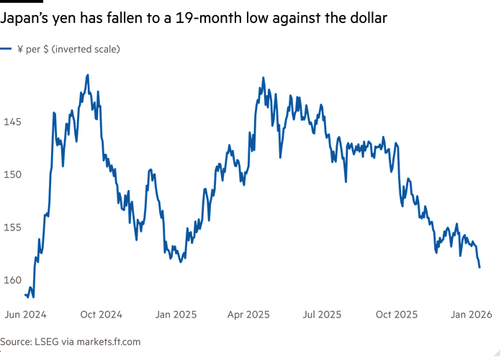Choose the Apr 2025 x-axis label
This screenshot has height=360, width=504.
tap(248, 314)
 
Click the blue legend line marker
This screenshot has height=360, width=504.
tap(6, 50)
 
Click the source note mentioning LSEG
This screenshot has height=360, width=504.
tap(71, 341)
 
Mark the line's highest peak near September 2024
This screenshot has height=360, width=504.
tap(87, 75)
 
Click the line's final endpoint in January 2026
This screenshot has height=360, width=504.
tap(480, 267)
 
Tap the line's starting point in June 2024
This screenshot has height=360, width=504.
tap(26, 294)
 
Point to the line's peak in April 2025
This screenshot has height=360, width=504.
tap(263, 78)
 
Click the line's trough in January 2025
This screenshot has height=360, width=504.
tap(181, 261)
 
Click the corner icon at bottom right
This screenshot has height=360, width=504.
tap(496, 351)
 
